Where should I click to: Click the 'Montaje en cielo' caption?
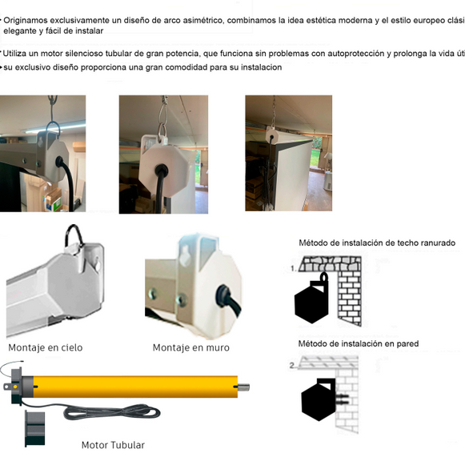coord(46,347)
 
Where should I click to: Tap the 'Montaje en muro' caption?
coord(191,347)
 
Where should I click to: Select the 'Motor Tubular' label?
coord(113,445)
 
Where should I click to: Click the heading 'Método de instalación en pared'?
coord(358,343)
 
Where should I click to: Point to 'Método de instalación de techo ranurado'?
coord(377,243)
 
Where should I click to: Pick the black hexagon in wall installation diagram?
coord(318,398)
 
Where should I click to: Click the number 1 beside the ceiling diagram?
coord(292,268)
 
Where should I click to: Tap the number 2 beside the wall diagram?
coord(292,365)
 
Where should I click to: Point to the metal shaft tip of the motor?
coord(244,388)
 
